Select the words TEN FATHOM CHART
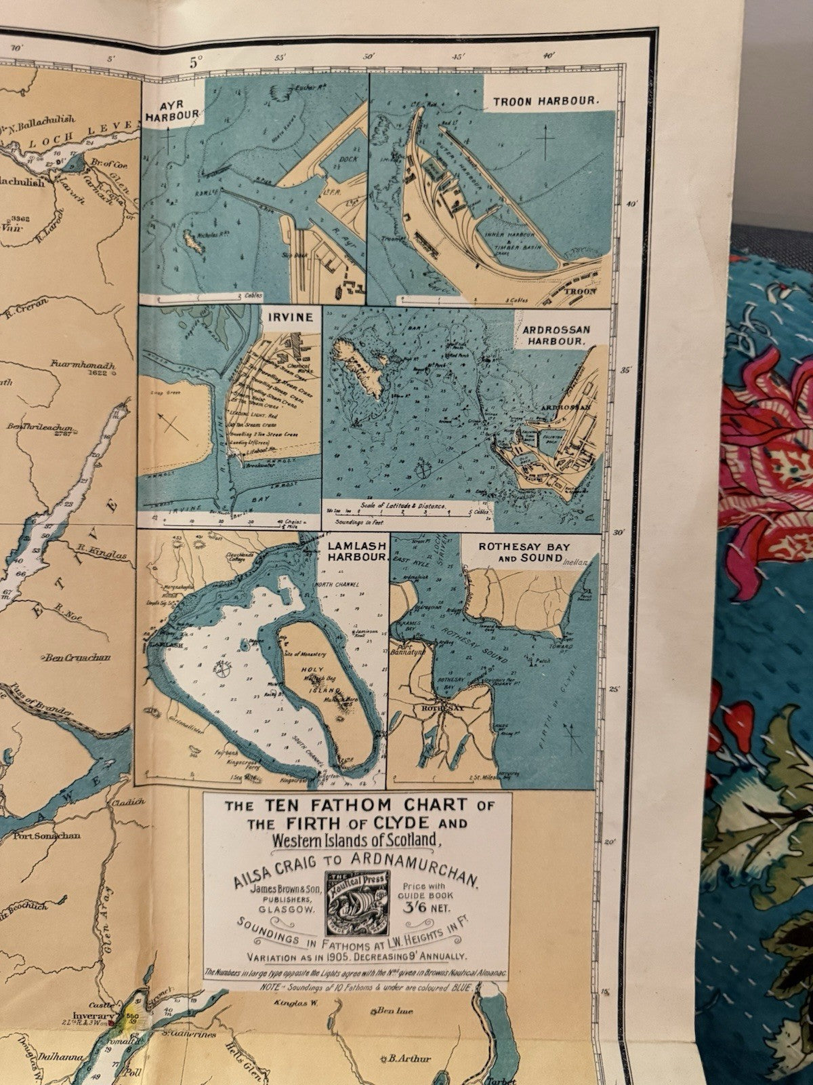(356, 806)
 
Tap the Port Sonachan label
(46, 835)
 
